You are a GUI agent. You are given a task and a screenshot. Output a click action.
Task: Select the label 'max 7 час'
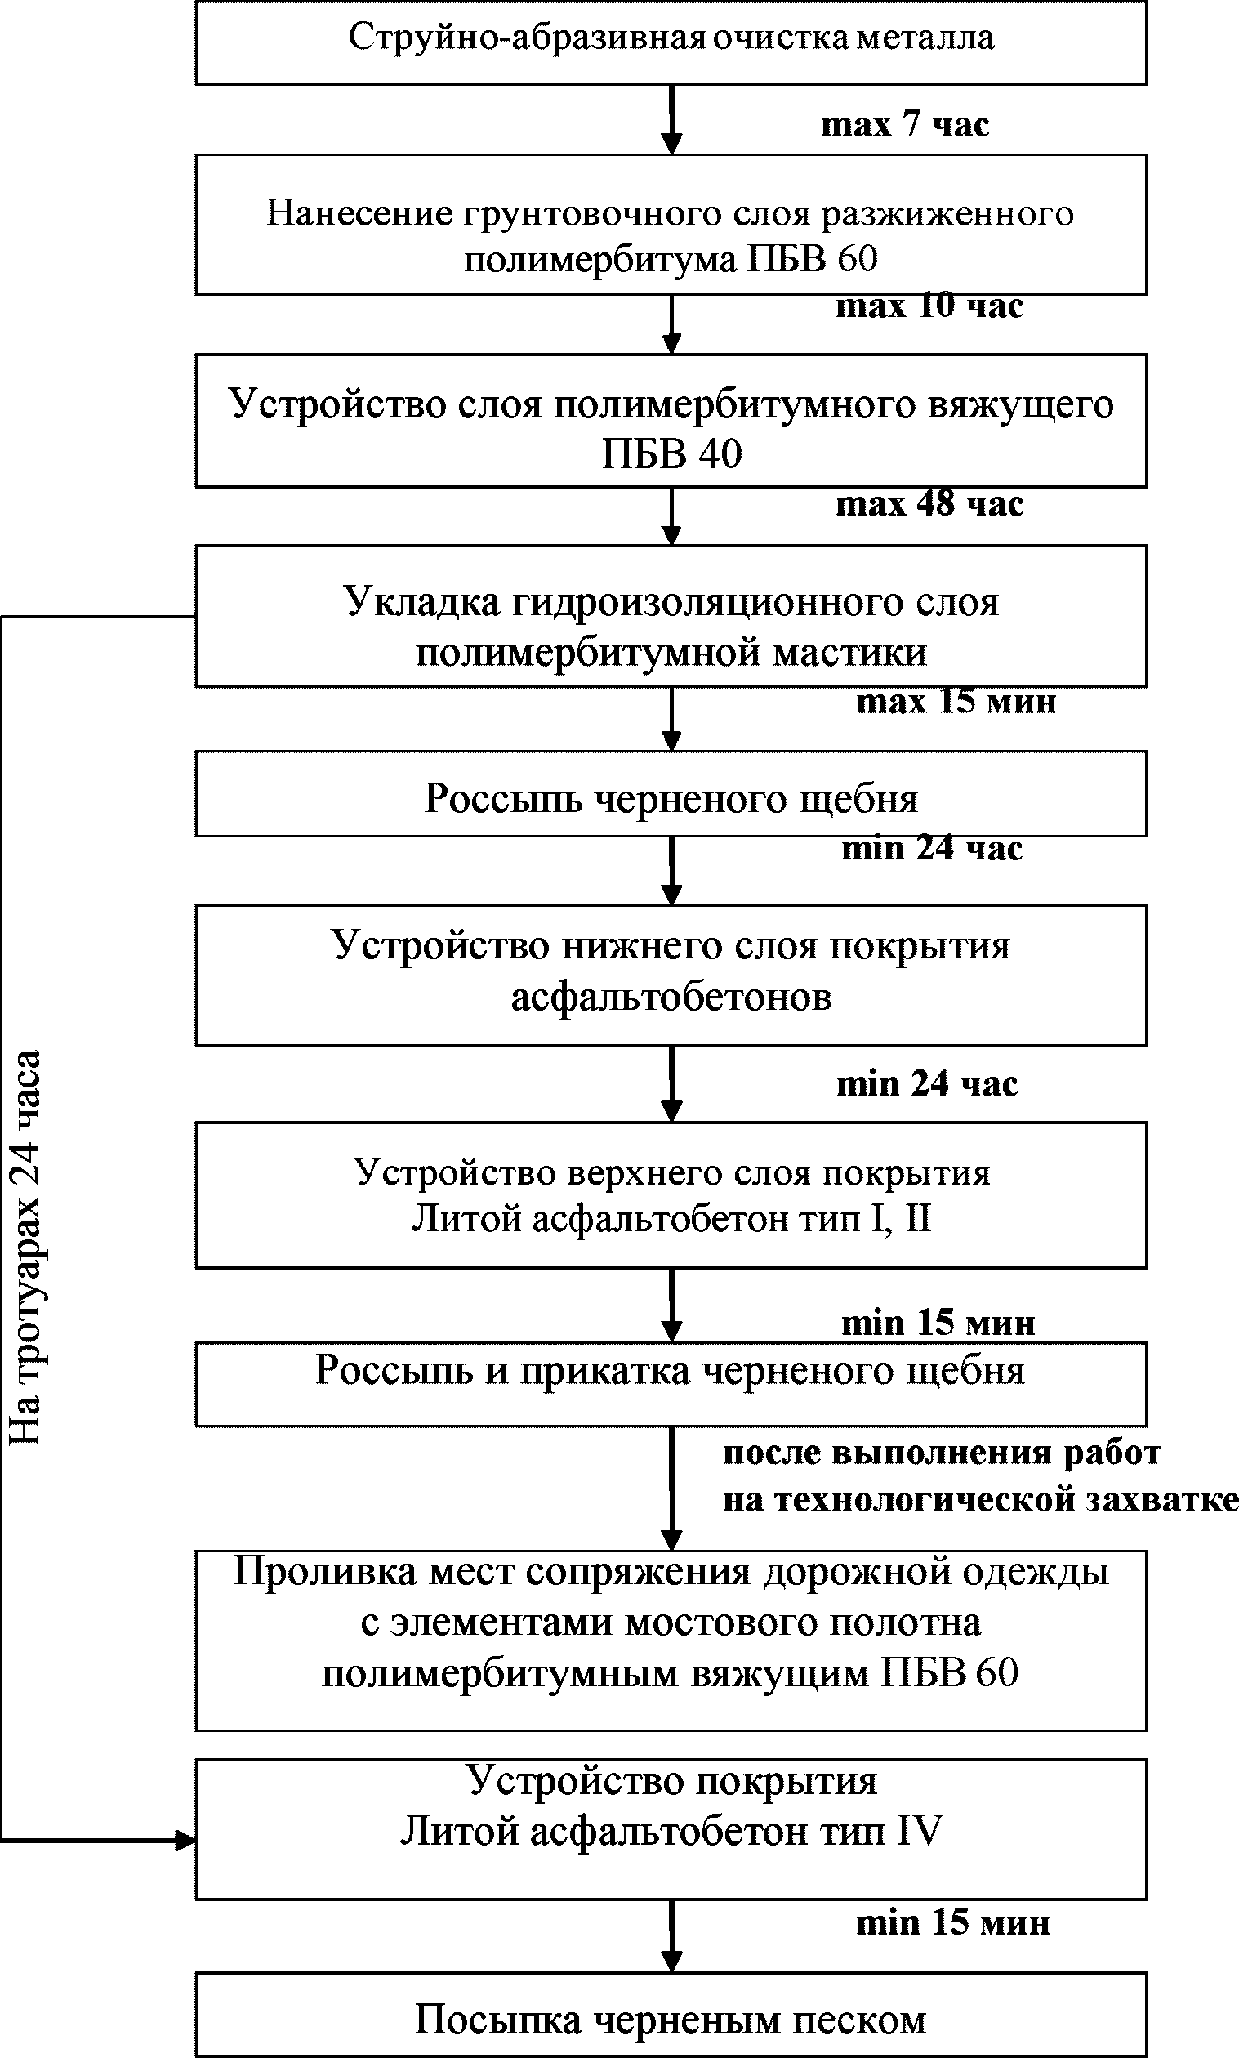(x=905, y=123)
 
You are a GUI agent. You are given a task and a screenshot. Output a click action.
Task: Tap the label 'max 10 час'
(x=929, y=306)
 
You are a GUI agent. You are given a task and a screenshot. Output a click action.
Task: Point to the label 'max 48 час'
(x=929, y=503)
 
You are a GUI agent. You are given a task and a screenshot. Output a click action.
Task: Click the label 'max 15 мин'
(x=956, y=700)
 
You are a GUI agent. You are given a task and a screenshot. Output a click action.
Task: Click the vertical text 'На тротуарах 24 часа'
(x=25, y=1249)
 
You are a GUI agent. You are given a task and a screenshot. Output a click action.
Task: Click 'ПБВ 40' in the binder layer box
(x=671, y=454)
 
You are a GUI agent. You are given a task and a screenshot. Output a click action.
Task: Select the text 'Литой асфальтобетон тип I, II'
(x=671, y=1218)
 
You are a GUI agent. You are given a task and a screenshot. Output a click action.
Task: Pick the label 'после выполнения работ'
(x=942, y=1453)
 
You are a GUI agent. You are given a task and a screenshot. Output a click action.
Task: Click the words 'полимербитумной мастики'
(x=671, y=653)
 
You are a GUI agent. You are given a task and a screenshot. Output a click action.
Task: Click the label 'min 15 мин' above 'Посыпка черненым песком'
(x=952, y=1922)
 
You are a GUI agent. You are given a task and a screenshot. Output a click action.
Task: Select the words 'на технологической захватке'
(x=980, y=1500)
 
